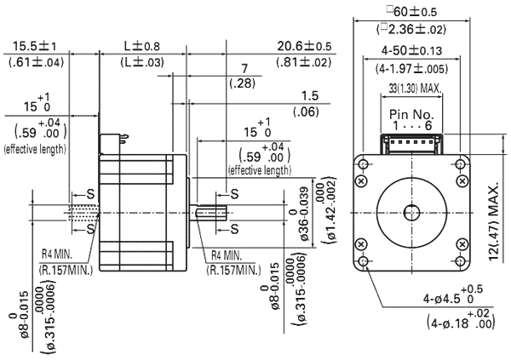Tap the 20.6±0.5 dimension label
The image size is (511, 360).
pyautogui.click(x=305, y=45)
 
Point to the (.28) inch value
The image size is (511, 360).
pyautogui.click(x=243, y=82)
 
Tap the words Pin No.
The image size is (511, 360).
pyautogui.click(x=411, y=113)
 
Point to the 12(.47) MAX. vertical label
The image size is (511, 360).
pyautogui.click(x=493, y=210)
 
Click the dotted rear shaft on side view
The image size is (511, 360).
pyautogui.click(x=85, y=219)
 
